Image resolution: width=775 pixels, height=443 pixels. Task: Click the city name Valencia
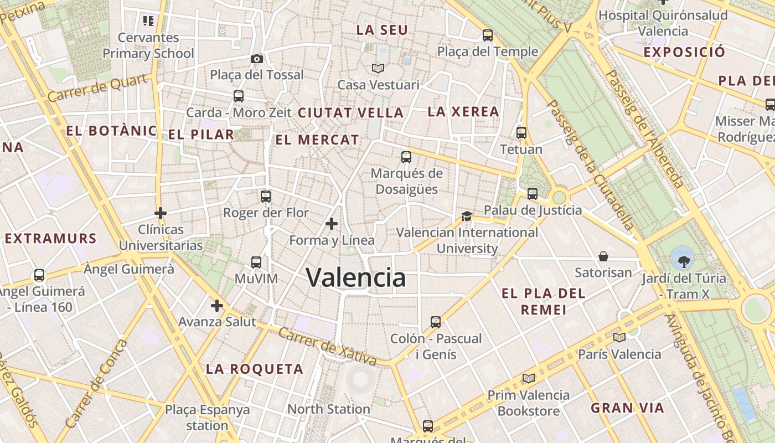355,277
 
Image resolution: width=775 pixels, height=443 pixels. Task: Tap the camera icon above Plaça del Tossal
257,59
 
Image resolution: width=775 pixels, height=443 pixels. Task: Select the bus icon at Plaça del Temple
488,35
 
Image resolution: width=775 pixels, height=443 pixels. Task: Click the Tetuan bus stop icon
521,133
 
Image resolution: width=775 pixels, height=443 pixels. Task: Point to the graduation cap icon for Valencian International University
467,216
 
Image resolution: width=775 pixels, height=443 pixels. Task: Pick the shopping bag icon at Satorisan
603,256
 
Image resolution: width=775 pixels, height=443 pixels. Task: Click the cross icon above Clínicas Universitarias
161,213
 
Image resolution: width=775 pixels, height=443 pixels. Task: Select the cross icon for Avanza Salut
217,305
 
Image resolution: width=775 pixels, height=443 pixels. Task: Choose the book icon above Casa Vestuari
378,68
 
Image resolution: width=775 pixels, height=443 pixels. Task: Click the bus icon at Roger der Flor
266,196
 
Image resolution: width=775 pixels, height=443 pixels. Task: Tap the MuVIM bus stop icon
256,262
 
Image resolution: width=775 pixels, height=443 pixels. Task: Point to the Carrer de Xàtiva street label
328,347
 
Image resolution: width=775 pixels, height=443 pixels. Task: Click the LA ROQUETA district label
255,369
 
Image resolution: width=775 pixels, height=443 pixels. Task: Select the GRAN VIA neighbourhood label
627,408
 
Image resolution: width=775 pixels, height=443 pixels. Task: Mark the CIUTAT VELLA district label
350,112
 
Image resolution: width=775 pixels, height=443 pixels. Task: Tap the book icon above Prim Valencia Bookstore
529,378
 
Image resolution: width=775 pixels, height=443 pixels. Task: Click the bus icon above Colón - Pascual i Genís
436,322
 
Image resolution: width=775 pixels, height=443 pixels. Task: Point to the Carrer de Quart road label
99,88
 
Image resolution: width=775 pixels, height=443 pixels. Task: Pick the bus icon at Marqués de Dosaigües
406,157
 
